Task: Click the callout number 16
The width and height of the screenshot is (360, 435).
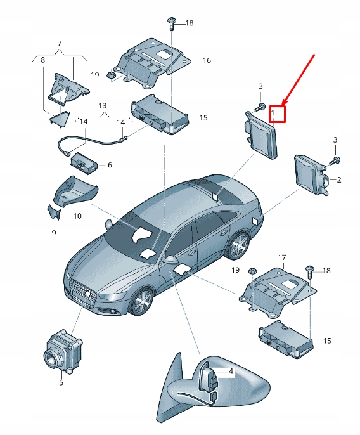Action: coord(207,61)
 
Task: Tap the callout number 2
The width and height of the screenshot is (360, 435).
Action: coord(339,180)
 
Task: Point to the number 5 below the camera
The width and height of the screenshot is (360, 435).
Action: coord(61,382)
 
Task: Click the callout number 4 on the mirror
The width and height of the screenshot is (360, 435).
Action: coord(231,372)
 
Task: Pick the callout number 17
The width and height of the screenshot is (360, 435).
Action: coord(282,257)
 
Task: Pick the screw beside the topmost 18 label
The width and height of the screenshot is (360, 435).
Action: coord(172,23)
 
